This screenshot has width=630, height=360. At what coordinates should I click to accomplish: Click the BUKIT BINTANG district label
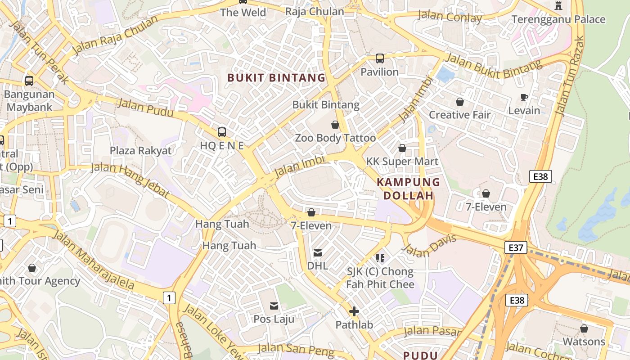(276, 77)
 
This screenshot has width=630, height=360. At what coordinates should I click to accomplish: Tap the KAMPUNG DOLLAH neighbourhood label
(408, 189)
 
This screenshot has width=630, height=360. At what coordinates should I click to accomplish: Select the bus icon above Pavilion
(379, 58)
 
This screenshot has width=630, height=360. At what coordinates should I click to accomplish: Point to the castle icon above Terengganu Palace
(558, 6)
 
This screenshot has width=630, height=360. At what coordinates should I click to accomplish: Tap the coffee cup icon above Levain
(524, 97)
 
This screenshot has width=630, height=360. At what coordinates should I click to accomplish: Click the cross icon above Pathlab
(354, 311)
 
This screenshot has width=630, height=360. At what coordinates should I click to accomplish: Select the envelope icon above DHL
(318, 253)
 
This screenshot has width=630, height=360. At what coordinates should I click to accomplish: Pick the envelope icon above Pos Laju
(274, 306)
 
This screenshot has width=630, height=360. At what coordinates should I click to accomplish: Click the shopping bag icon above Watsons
(584, 328)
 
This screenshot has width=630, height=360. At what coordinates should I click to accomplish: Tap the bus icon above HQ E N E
(221, 132)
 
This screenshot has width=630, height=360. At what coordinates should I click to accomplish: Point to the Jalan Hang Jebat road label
(130, 180)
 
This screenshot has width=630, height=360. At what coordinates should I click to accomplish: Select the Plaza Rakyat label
(141, 150)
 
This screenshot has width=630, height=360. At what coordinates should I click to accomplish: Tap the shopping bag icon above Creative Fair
(459, 102)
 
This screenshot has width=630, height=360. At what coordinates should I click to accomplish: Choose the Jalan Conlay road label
(450, 17)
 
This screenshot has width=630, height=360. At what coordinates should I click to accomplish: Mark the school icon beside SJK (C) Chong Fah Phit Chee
(380, 258)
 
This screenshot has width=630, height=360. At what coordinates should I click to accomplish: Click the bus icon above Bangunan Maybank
(29, 81)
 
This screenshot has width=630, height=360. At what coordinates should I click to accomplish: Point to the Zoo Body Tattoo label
(335, 138)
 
